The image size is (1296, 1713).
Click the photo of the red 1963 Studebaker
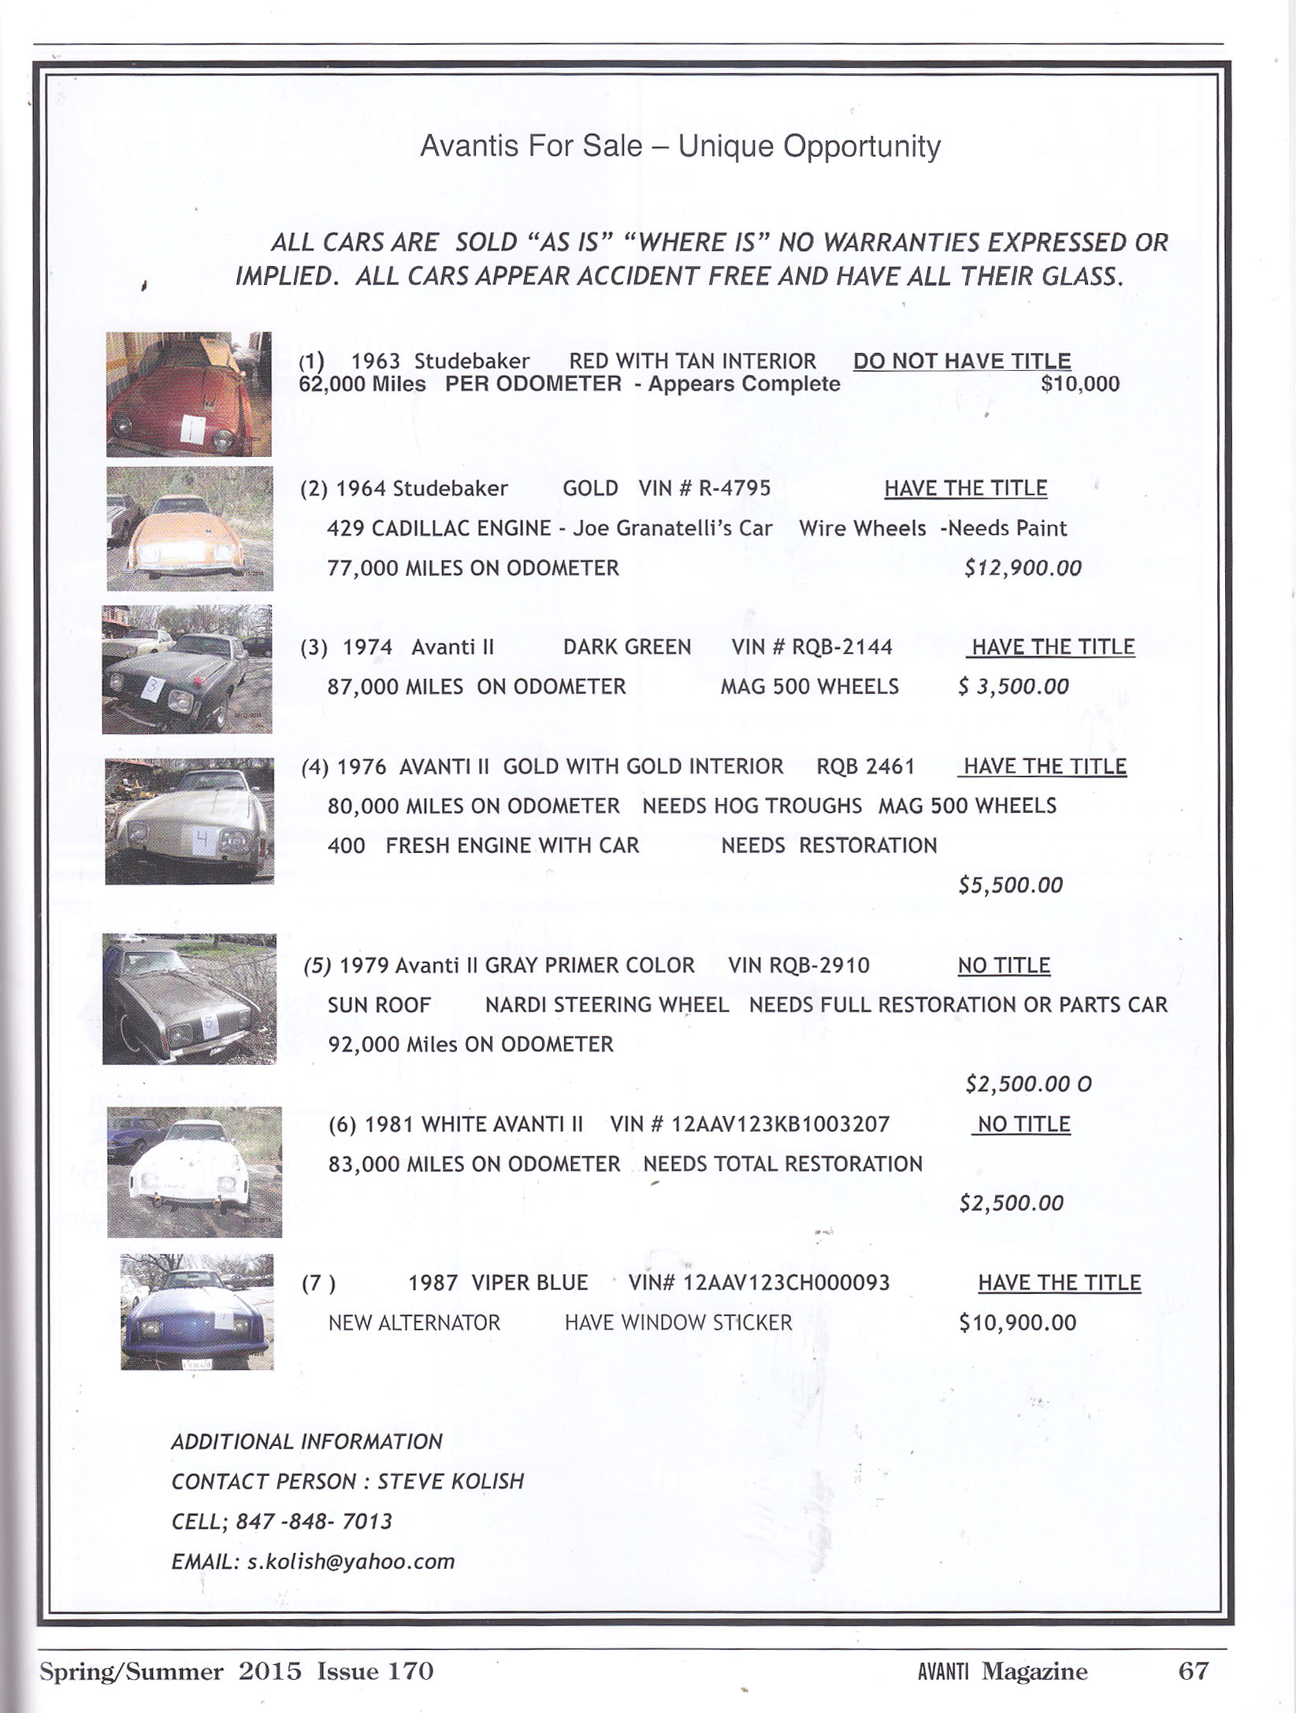(189, 394)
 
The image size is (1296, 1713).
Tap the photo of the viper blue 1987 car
(197, 1311)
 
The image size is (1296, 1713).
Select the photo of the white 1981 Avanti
(194, 1171)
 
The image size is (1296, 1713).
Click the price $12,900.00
(1023, 568)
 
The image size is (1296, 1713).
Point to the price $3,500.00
(1014, 687)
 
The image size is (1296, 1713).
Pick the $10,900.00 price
(1017, 1322)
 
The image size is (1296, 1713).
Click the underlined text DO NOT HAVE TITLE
(962, 362)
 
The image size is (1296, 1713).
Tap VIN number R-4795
(734, 488)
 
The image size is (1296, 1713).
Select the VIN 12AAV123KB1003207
(780, 1124)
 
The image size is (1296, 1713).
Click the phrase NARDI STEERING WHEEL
(607, 1005)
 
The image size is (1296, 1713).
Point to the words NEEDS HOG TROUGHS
(752, 806)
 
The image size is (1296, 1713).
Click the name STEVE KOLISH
(451, 1481)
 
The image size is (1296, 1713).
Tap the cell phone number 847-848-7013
(314, 1522)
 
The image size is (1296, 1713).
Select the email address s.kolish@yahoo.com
(351, 1562)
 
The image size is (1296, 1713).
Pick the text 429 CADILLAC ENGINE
(439, 528)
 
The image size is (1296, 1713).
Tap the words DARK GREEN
(627, 647)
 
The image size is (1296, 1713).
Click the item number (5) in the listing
(318, 966)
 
